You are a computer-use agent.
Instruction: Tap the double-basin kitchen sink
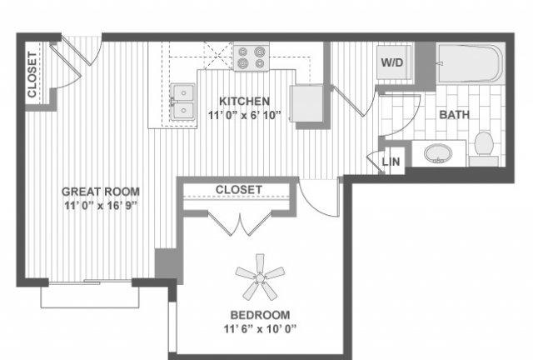coord(183,102)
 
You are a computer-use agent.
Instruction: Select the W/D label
coord(392,62)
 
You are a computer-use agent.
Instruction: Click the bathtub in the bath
coord(471,63)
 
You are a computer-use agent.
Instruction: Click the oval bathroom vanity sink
coord(439,153)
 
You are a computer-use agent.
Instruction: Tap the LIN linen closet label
coord(391,162)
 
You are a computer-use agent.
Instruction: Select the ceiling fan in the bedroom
coord(260,277)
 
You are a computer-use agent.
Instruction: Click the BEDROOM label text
coord(261,315)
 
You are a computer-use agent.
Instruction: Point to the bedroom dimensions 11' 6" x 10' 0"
coord(260,329)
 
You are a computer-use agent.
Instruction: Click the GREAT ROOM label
coord(101,192)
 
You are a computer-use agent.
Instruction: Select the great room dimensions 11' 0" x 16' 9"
coord(101,206)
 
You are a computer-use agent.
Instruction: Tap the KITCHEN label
coord(244,101)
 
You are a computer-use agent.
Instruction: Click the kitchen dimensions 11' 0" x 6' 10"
coord(244,115)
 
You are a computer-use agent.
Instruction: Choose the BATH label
coord(454,115)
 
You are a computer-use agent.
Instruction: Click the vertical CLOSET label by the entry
coord(32,74)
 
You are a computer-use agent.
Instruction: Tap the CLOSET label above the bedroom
coord(239,190)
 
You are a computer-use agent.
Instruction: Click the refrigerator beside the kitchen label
coord(306,103)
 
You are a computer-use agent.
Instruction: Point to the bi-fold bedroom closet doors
coord(240,223)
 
